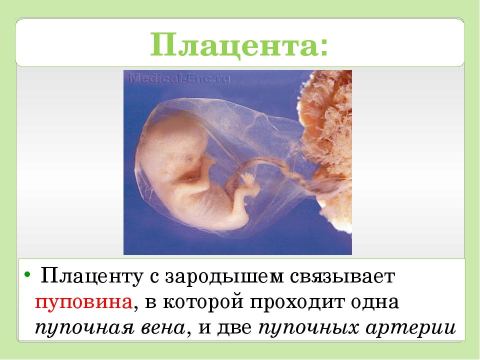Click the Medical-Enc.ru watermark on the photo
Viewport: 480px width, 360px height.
click(179, 78)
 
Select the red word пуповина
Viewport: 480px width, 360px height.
click(83, 302)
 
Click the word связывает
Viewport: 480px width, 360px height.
click(342, 277)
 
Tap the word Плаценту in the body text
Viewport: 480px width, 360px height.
click(91, 276)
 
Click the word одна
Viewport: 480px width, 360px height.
click(374, 302)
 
